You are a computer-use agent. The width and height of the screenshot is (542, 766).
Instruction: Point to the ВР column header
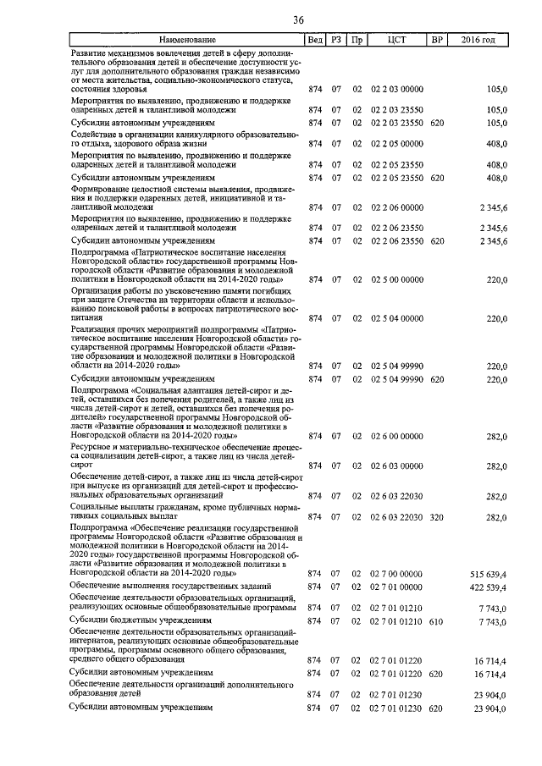437,39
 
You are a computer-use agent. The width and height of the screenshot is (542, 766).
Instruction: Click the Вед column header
315,39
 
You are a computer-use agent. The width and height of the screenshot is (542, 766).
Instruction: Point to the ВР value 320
437,515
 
